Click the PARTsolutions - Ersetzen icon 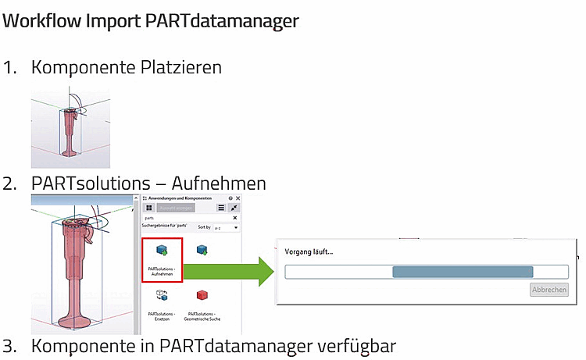162,297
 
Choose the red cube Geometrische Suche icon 202,297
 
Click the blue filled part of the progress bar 462,272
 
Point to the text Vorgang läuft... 309,251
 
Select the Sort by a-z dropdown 227,227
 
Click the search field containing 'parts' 188,218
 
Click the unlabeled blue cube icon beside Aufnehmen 202,250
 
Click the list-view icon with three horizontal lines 221,208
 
